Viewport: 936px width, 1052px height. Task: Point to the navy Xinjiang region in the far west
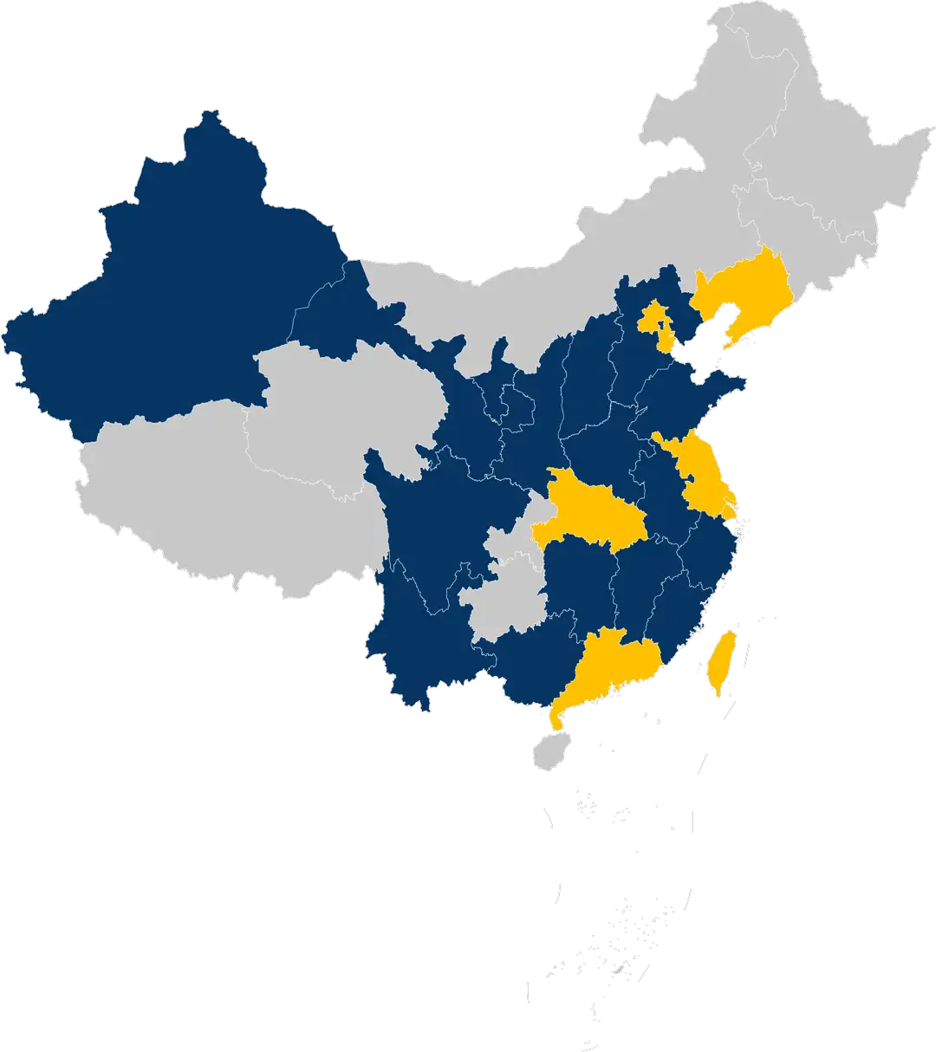(x=182, y=286)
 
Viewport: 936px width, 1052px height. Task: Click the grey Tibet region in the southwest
(x=217, y=503)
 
